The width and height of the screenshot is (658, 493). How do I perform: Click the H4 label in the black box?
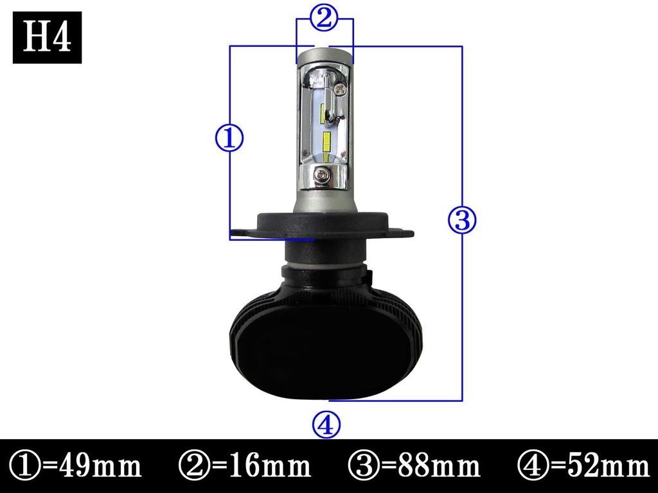(x=47, y=38)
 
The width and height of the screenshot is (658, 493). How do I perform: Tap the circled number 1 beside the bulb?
(x=229, y=138)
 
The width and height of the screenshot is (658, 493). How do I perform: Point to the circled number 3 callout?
(x=461, y=220)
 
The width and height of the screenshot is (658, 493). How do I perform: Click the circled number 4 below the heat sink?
(x=326, y=424)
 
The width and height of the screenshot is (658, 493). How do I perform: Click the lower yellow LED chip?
(x=326, y=145)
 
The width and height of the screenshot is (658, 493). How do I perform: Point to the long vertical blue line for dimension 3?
(x=462, y=308)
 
